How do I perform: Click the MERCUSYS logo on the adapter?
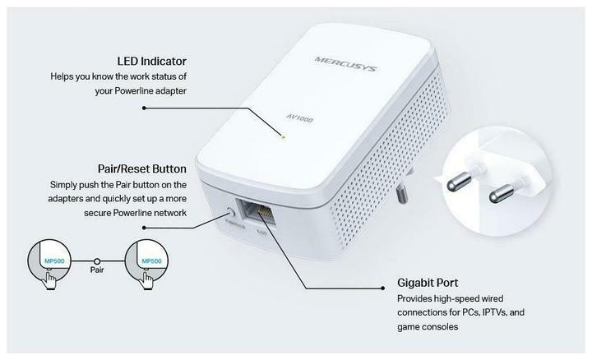coord(345,63)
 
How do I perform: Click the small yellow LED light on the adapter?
coord(283,137)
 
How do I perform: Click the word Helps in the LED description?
coord(64,76)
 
